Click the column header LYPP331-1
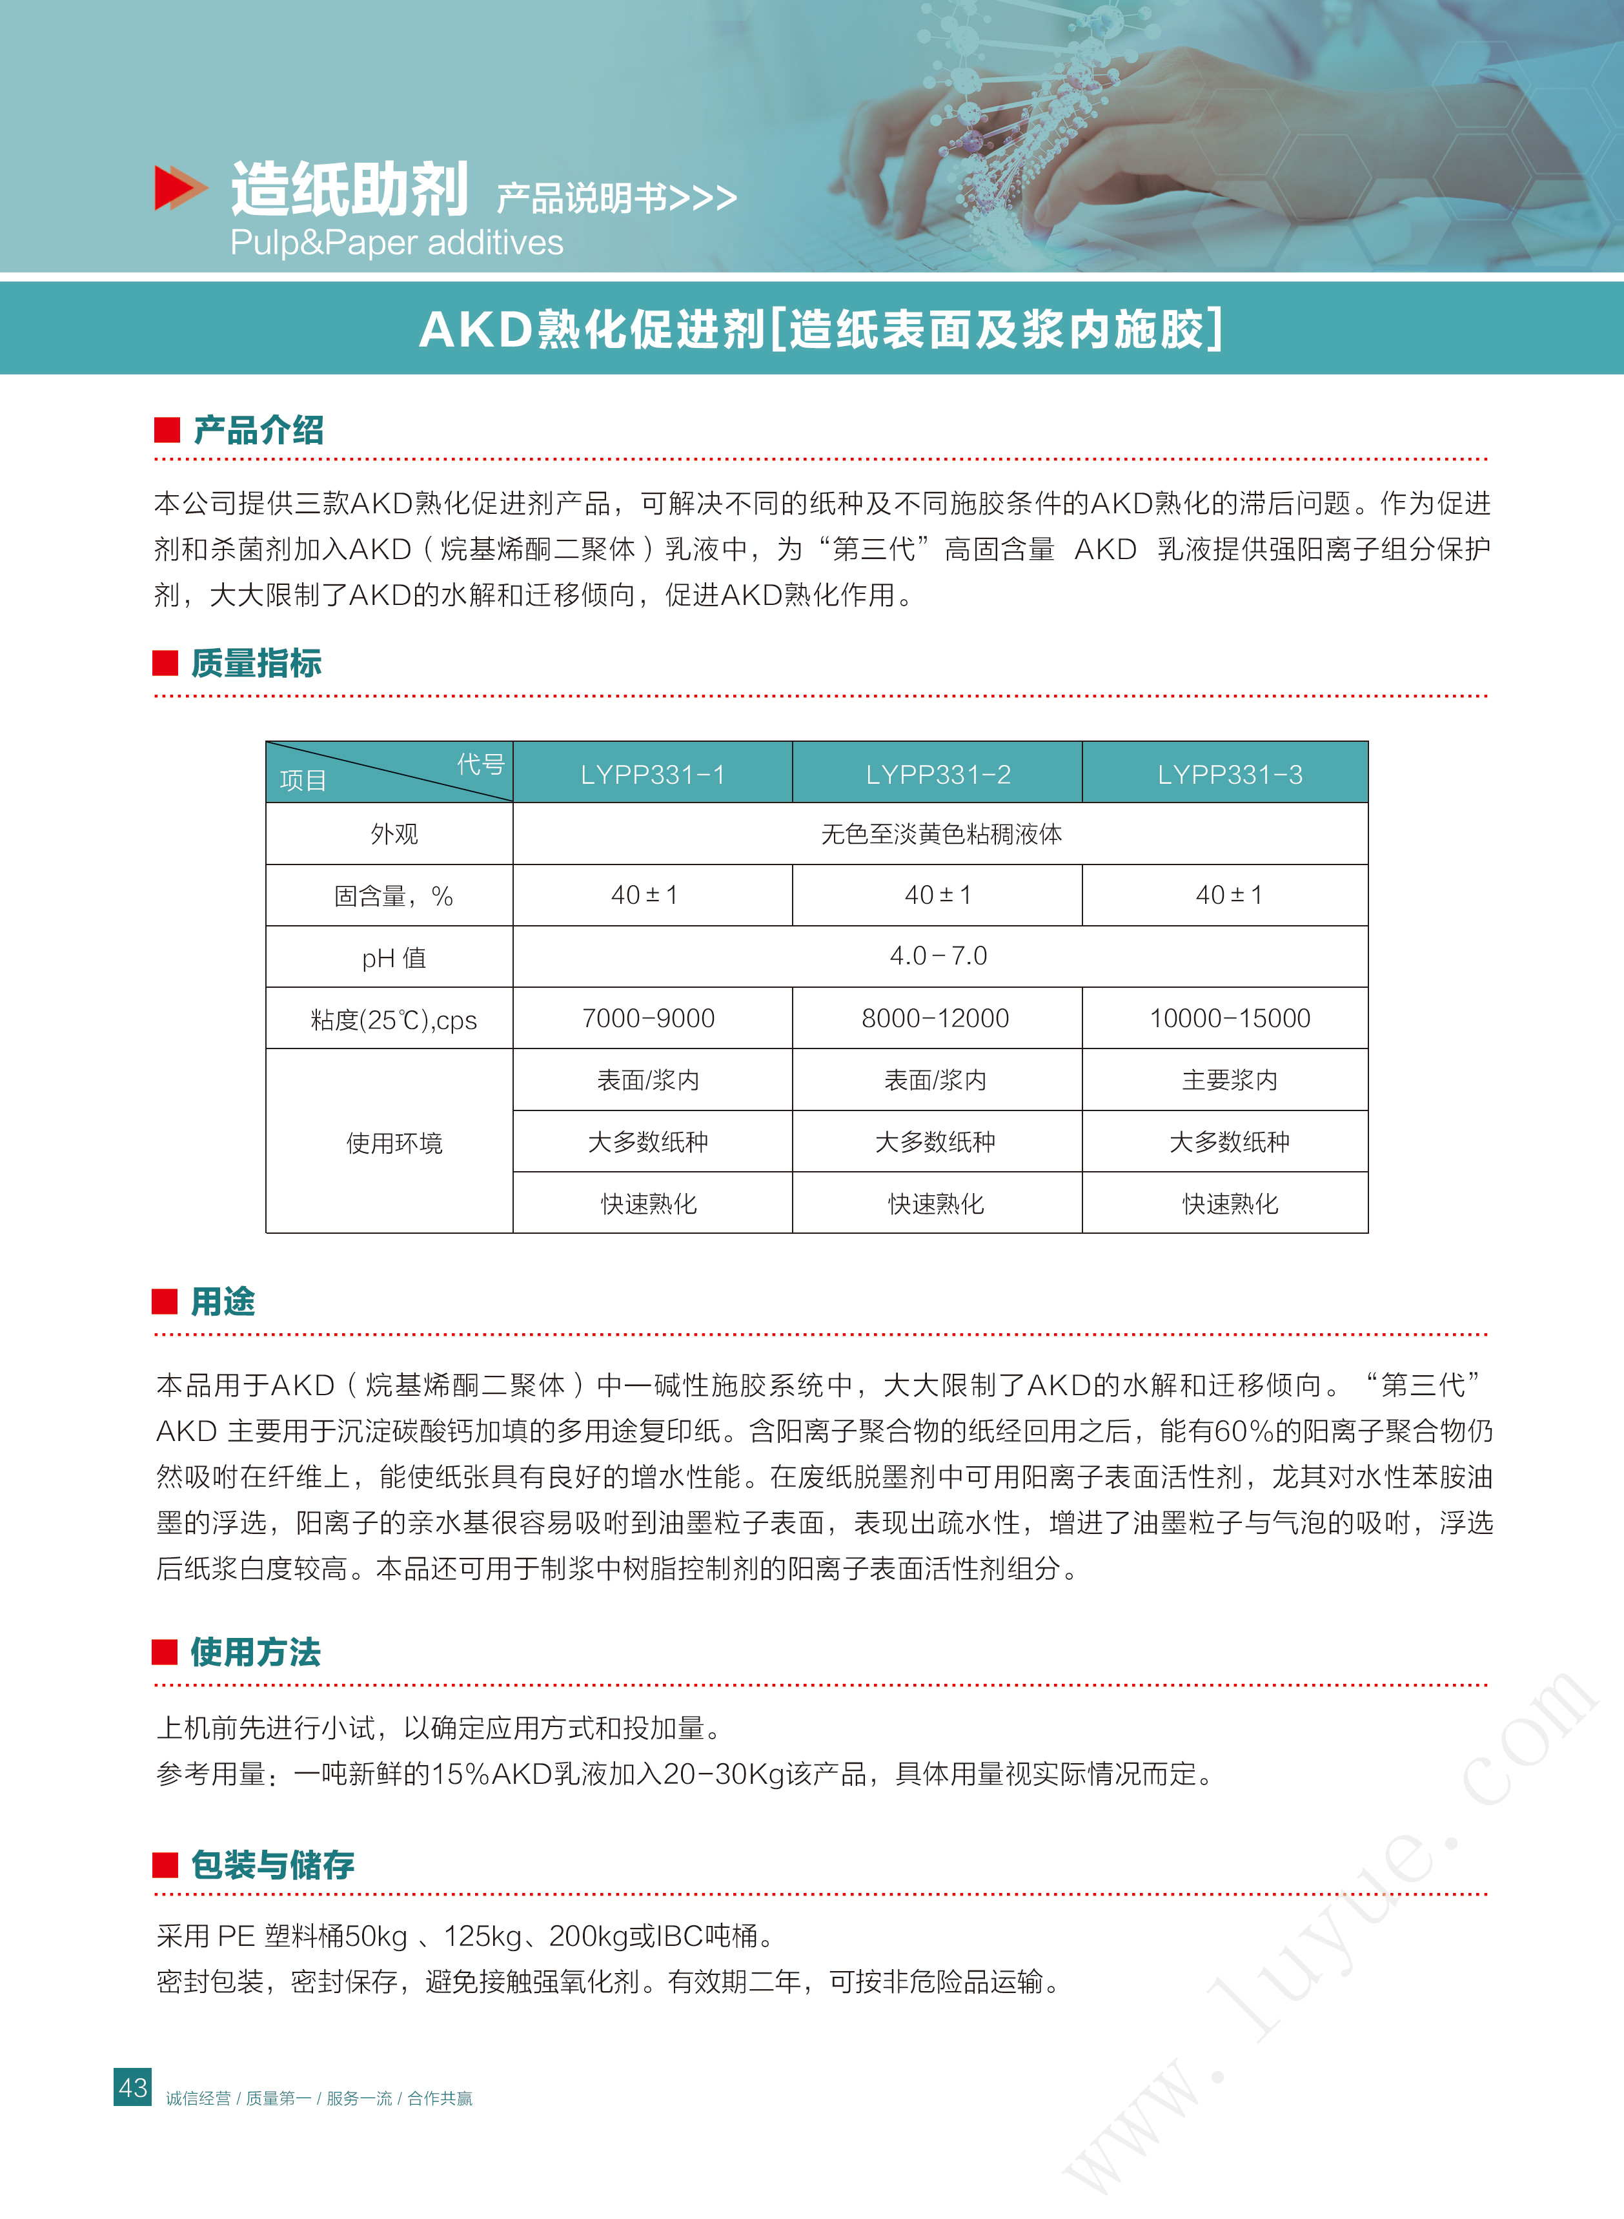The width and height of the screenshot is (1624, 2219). click(x=653, y=775)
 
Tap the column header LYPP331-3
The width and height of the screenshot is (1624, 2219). click(x=1229, y=775)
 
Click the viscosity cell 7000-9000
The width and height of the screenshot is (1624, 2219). click(x=649, y=1019)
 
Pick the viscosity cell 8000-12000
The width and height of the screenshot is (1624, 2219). click(x=935, y=1019)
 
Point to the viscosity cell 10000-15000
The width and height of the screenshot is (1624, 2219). click(x=1230, y=1019)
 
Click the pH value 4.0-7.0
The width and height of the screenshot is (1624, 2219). click(x=938, y=956)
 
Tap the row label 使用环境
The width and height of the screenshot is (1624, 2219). click(x=394, y=1143)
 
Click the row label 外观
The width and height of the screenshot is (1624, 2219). click(x=394, y=835)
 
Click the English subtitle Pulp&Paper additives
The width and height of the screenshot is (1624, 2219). click(x=396, y=243)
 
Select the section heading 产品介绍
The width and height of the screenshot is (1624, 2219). click(x=259, y=429)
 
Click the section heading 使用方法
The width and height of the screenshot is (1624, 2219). click(x=256, y=1651)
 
